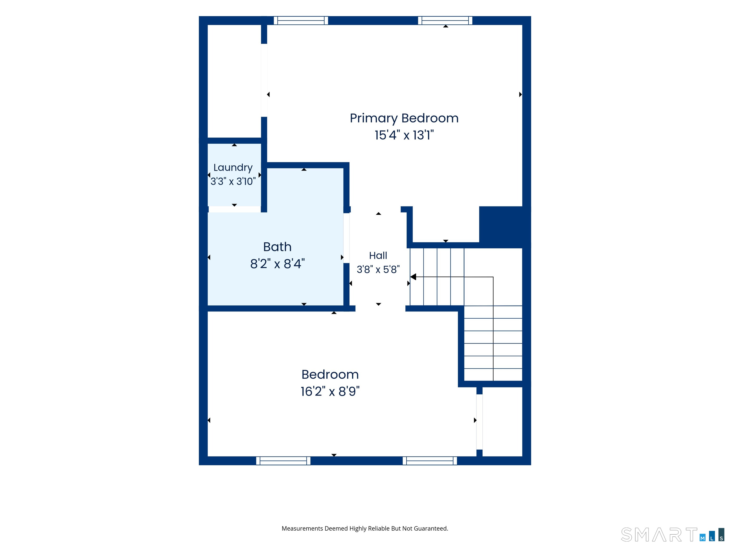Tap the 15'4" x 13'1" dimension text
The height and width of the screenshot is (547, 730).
[x=404, y=135]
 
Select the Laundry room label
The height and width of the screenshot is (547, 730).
[x=233, y=168]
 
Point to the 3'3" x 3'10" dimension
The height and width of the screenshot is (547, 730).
[x=233, y=181]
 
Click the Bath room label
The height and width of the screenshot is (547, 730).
[x=277, y=247]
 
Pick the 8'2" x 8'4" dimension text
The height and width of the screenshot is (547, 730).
[x=277, y=264]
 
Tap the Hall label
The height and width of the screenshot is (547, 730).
[x=378, y=255]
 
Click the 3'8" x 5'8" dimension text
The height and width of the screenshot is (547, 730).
[x=378, y=269]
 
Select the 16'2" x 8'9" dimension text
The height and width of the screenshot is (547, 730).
[x=330, y=391]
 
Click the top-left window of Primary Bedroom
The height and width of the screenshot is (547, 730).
[x=301, y=20]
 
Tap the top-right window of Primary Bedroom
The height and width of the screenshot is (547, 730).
[x=445, y=20]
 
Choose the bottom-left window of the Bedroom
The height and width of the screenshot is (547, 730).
[x=283, y=461]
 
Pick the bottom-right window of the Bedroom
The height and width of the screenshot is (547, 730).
[x=430, y=461]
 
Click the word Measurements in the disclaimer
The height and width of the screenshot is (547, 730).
[x=302, y=528]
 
